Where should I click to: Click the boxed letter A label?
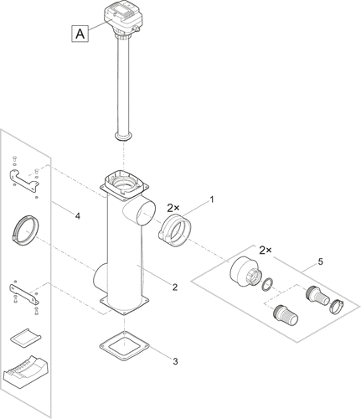(80, 34)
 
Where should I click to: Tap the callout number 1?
(212, 199)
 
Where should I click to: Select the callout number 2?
(175, 287)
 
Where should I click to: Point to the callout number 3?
(175, 361)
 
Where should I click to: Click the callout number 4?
(78, 215)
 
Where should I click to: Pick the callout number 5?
(321, 261)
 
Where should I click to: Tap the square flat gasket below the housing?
(125, 346)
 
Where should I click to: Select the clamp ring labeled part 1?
(175, 230)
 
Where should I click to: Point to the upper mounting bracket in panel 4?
(23, 180)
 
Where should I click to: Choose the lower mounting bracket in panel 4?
(24, 294)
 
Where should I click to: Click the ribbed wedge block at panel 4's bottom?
(25, 370)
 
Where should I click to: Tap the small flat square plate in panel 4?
(26, 336)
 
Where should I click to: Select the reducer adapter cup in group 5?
(245, 272)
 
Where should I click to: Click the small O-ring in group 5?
(267, 285)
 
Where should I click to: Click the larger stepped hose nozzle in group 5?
(286, 315)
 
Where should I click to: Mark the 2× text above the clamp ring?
(173, 208)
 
